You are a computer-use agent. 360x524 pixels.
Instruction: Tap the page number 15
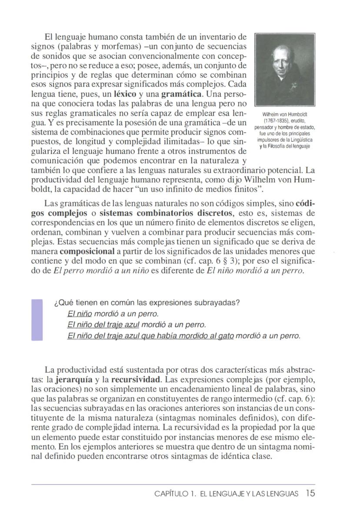click(310, 494)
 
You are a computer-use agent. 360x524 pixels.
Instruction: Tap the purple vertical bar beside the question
click(37, 320)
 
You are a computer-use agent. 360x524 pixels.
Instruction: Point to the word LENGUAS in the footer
click(283, 494)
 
